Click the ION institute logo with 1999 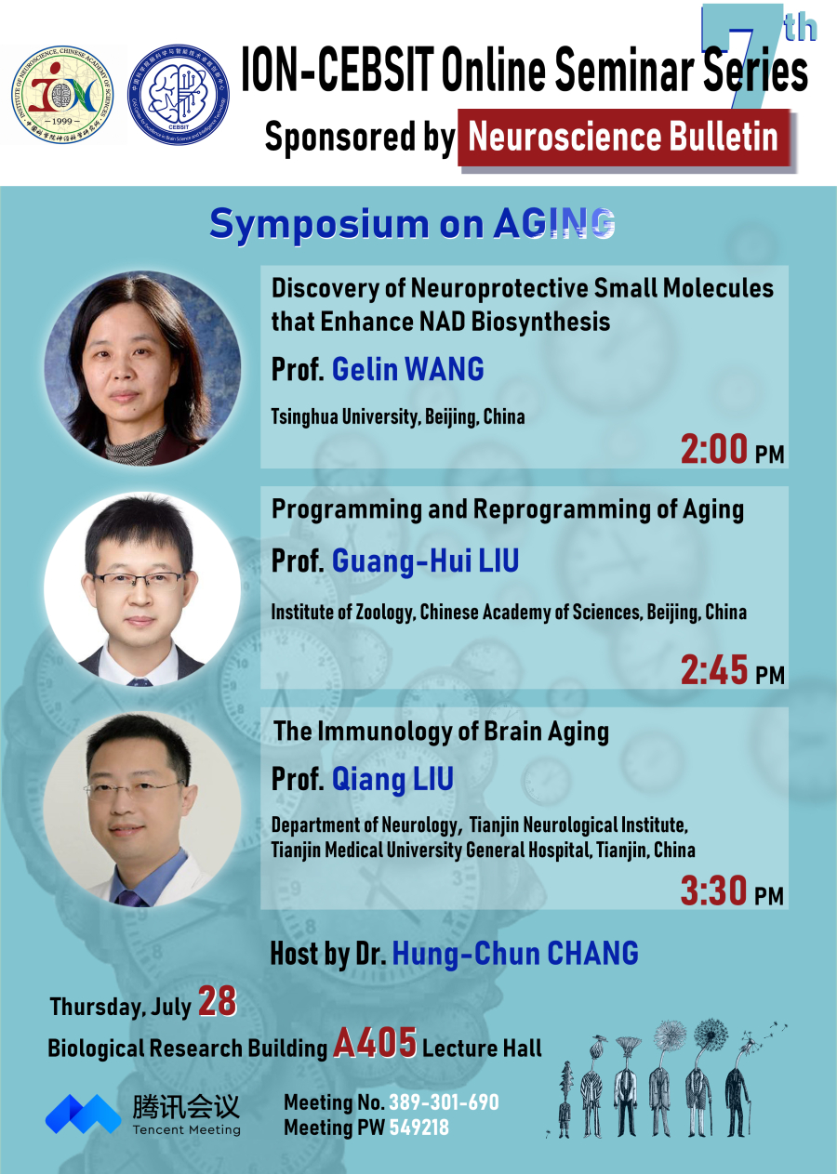(x=62, y=95)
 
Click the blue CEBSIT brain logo (x=179, y=95)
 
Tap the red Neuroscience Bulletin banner (x=623, y=138)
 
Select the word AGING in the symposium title (x=553, y=224)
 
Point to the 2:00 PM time (x=732, y=449)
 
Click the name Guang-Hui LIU (x=425, y=561)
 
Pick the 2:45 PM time (x=732, y=670)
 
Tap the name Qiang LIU (x=392, y=779)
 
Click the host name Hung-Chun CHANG (x=515, y=953)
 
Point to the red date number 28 (x=217, y=1001)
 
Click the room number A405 (x=375, y=1042)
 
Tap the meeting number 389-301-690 (x=444, y=1102)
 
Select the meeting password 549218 (x=419, y=1128)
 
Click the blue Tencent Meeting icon (x=83, y=1114)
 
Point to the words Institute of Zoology (x=341, y=613)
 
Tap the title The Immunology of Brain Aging (x=441, y=732)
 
